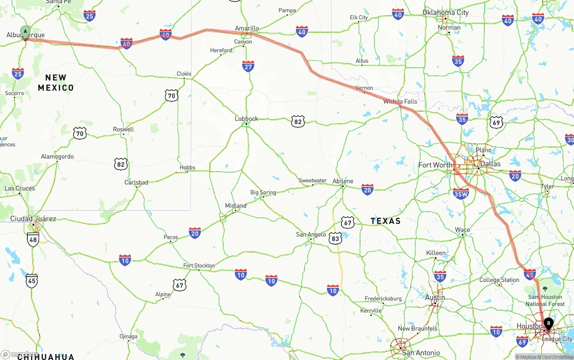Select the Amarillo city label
click(x=247, y=28)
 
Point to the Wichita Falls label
click(x=400, y=101)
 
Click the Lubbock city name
click(x=246, y=119)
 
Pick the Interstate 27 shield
click(x=248, y=66)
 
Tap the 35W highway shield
click(x=461, y=194)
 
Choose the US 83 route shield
click(x=335, y=238)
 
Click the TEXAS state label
click(x=386, y=221)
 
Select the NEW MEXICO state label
click(x=56, y=82)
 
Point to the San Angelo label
click(x=311, y=234)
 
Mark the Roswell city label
click(x=123, y=129)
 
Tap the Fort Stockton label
click(x=199, y=265)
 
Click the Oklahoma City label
click(x=445, y=13)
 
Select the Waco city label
click(x=462, y=230)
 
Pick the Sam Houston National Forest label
click(x=545, y=300)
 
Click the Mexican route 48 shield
click(x=33, y=239)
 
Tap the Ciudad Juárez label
click(x=33, y=219)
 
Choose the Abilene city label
click(x=343, y=181)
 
